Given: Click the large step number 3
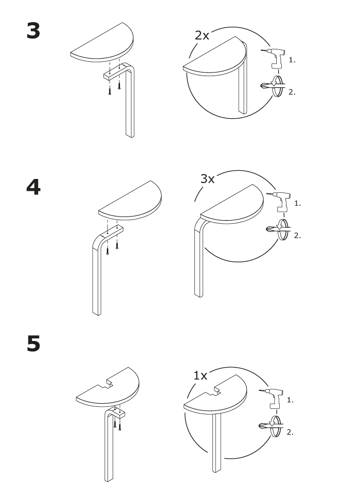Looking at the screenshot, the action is coord(33,31).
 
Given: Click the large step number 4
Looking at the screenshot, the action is coord(33,187).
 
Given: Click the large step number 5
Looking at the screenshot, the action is coord(33,344).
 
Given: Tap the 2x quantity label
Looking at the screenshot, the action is coord(202,35).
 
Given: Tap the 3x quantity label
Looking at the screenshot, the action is coord(207,179).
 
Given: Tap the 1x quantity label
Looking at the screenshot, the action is coord(200,375).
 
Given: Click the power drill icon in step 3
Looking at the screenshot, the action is coord(273,58).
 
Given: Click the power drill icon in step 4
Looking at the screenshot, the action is coord(278,202).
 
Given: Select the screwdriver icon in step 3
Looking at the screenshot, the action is coord(273,86).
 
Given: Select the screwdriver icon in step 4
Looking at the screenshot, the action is coord(278,229).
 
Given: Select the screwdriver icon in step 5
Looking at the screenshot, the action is coord(271,426).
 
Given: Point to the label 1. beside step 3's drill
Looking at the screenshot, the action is coord(292,60).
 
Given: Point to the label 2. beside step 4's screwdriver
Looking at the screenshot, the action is coord(298,236).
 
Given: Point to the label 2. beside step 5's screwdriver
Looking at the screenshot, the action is coord(290,433).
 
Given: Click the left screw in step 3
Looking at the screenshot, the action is coord(110,91).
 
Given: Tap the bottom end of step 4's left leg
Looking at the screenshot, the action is coord(97,313).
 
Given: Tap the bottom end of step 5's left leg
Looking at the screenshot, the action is coord(109,479).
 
